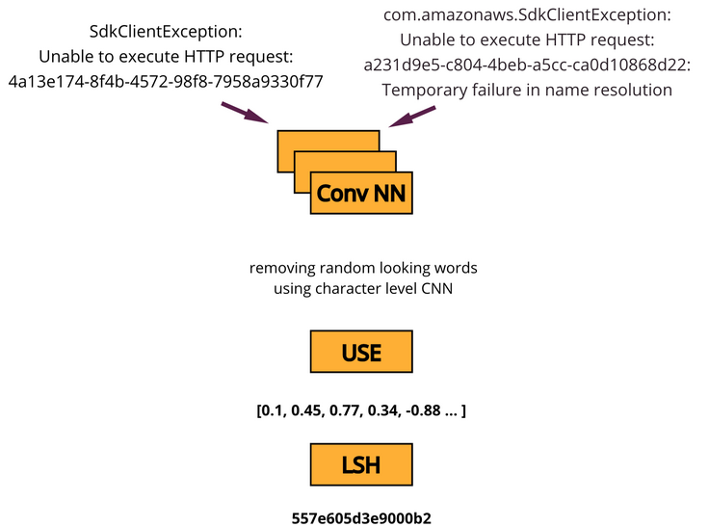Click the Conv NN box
(x=361, y=194)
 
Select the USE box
(x=361, y=353)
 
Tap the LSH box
(x=361, y=464)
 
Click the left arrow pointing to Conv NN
(x=246, y=113)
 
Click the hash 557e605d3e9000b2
(x=361, y=517)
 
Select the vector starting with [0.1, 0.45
(x=361, y=411)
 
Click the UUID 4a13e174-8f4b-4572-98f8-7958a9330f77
(x=166, y=81)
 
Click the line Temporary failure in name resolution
(x=527, y=91)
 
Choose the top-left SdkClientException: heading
(x=166, y=31)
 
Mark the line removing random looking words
(x=362, y=267)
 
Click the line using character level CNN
(x=362, y=288)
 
